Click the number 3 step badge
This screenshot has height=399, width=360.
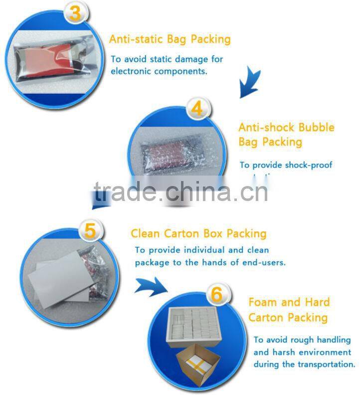[74, 13]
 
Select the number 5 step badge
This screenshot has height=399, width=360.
[90, 231]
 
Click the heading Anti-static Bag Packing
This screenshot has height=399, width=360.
[170, 39]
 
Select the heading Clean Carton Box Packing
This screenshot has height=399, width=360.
[198, 233]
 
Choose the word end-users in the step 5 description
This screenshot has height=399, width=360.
[264, 262]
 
